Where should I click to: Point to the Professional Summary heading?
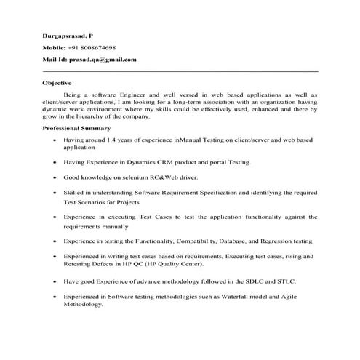[x=74, y=127]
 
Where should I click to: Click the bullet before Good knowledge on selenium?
[x=55, y=177]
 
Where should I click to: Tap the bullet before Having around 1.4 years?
[x=55, y=138]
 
